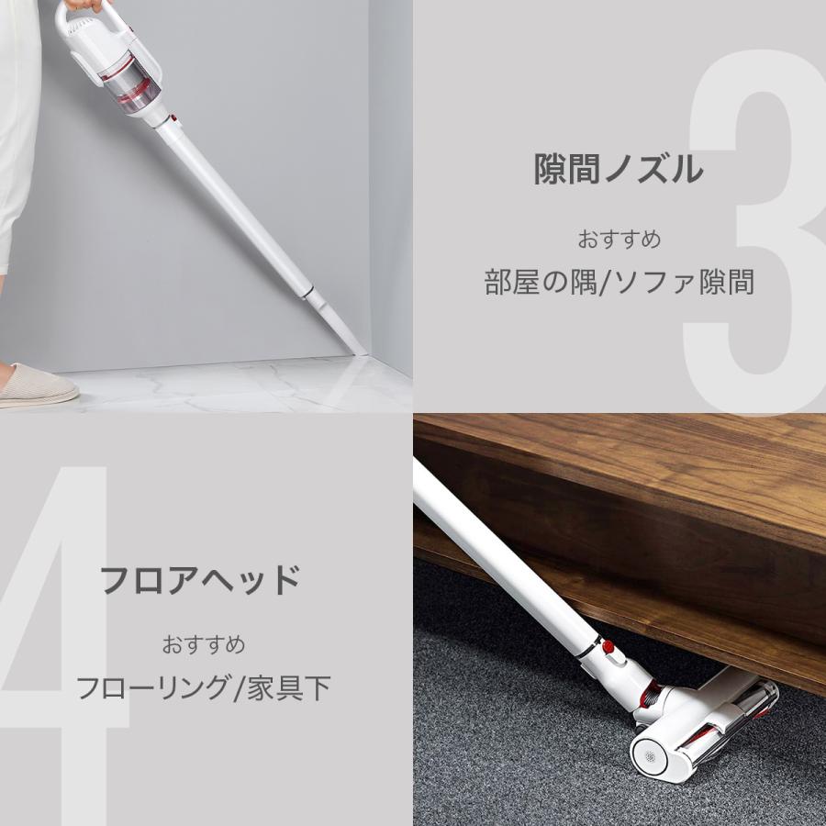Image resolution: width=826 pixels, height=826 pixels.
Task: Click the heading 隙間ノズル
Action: point(619,169)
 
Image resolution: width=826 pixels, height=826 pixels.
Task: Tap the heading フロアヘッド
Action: point(200,580)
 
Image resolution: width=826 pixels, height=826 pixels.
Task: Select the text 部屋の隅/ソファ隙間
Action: point(619,282)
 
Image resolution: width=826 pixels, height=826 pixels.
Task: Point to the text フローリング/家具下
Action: point(203,687)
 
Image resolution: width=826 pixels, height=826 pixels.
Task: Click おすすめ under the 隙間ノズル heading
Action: point(619,240)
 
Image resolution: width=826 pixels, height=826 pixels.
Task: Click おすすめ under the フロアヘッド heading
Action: point(204,644)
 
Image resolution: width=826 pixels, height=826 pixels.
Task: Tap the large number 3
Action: point(753,229)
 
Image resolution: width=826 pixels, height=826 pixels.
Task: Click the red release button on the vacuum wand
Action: point(607,647)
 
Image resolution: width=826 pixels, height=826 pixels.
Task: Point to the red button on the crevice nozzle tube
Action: point(172,119)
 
